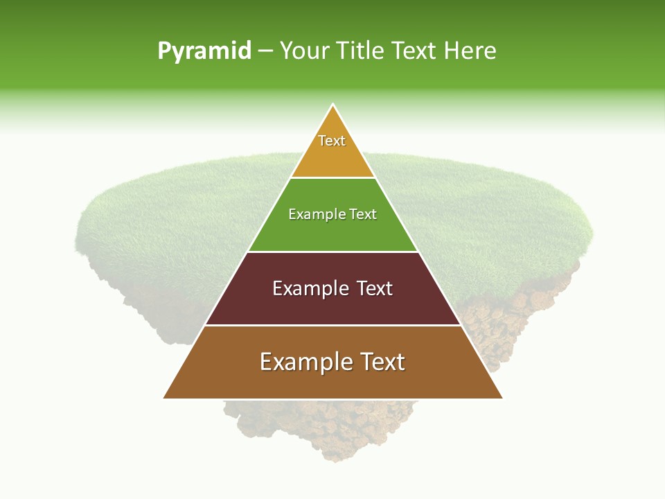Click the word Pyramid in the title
tap(204, 51)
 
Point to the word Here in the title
tap(470, 51)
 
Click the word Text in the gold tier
tap(332, 141)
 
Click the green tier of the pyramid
tap(332, 232)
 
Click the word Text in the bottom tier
tap(381, 362)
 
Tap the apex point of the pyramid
tap(333, 105)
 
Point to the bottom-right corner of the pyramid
tap(501, 397)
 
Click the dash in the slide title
tap(265, 51)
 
